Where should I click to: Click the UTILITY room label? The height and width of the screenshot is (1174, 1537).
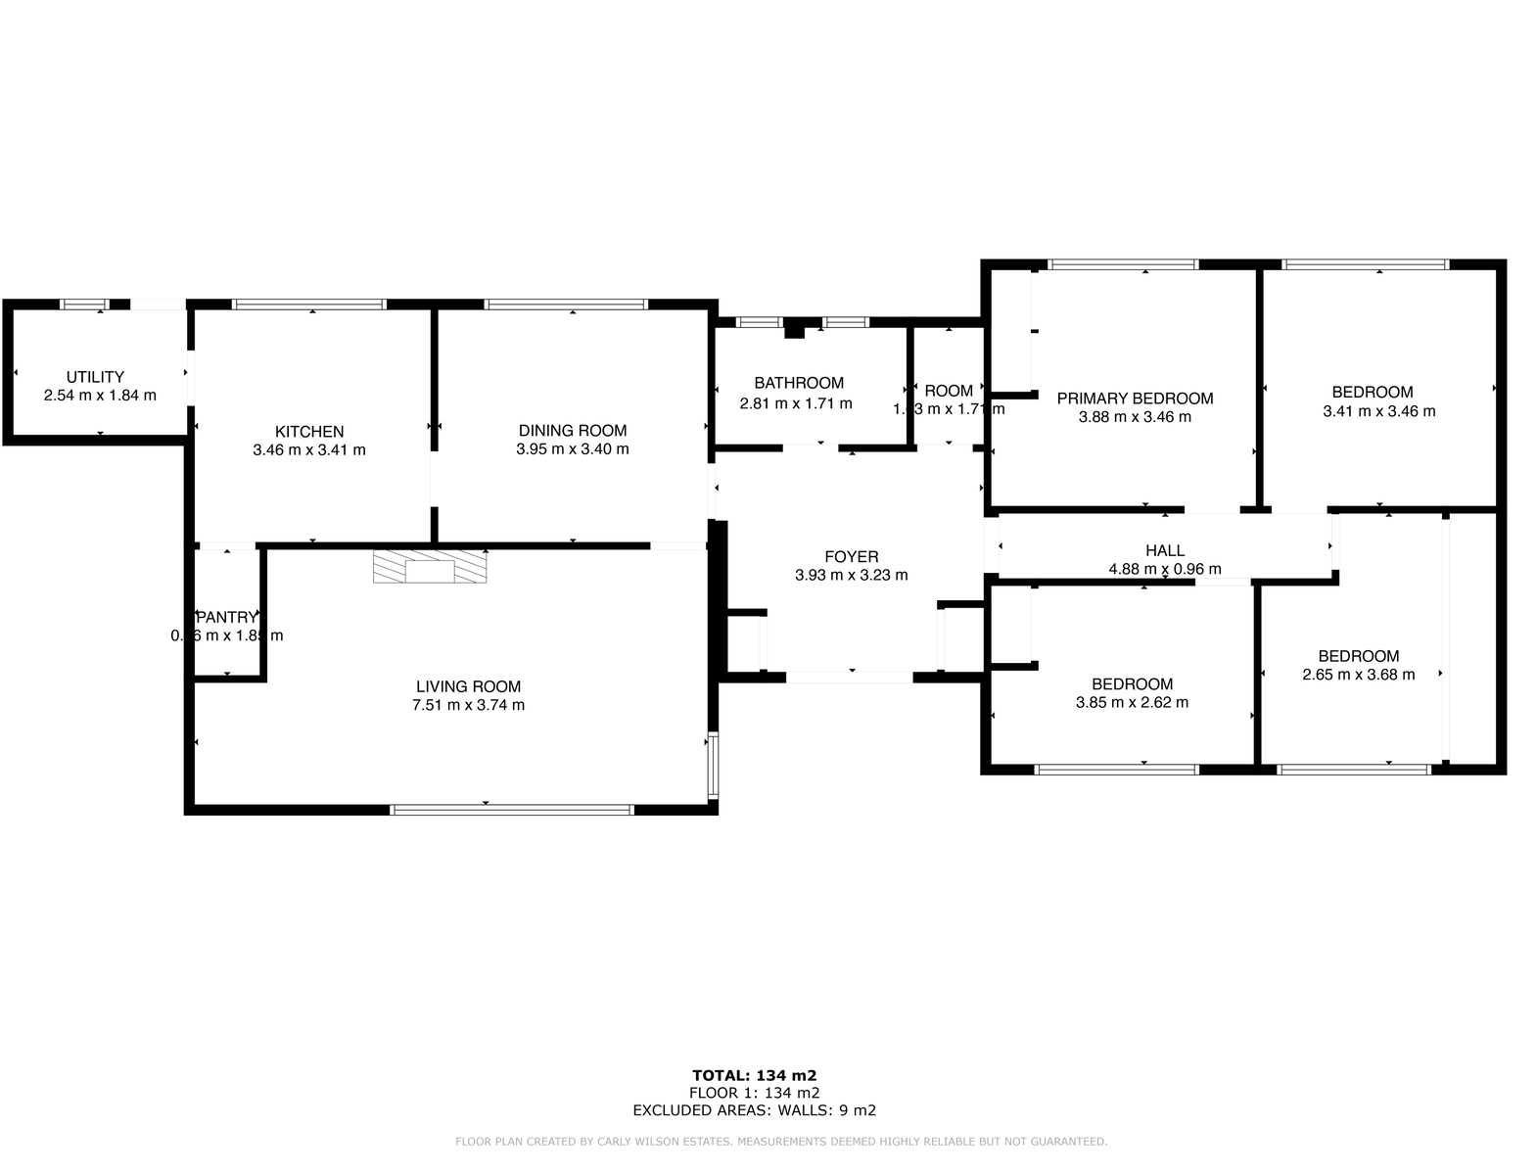click(x=95, y=377)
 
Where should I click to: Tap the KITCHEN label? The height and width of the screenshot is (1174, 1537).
click(x=309, y=432)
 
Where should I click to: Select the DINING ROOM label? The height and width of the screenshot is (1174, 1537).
click(x=573, y=431)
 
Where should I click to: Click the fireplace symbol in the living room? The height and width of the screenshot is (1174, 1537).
click(x=430, y=568)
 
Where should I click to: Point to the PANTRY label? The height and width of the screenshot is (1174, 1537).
click(x=227, y=618)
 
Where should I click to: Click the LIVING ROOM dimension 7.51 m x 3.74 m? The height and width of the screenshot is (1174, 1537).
click(x=468, y=705)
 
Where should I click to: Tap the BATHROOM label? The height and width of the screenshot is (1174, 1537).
click(x=799, y=384)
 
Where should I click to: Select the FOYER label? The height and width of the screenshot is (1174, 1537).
click(x=851, y=557)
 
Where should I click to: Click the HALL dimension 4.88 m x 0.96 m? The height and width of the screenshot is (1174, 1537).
click(x=1164, y=569)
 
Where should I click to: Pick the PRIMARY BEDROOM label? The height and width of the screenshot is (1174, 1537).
click(x=1135, y=399)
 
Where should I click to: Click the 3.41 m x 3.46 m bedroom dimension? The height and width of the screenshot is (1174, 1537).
click(x=1378, y=411)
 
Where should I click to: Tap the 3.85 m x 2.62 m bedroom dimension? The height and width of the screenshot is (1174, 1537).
click(x=1132, y=702)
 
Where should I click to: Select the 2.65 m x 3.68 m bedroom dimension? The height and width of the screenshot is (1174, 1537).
click(x=1358, y=675)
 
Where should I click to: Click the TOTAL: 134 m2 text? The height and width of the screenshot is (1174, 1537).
click(x=754, y=1075)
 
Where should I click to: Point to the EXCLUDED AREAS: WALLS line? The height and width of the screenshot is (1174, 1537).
click(x=754, y=1110)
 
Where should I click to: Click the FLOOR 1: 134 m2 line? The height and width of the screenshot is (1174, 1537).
click(x=754, y=1093)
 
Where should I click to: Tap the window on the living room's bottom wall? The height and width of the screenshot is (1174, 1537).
click(x=511, y=810)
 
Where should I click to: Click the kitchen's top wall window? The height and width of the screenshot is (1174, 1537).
click(x=309, y=305)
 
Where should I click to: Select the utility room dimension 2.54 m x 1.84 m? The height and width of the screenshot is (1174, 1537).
click(x=100, y=396)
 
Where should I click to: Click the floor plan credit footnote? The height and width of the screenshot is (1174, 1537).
click(x=780, y=1142)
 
